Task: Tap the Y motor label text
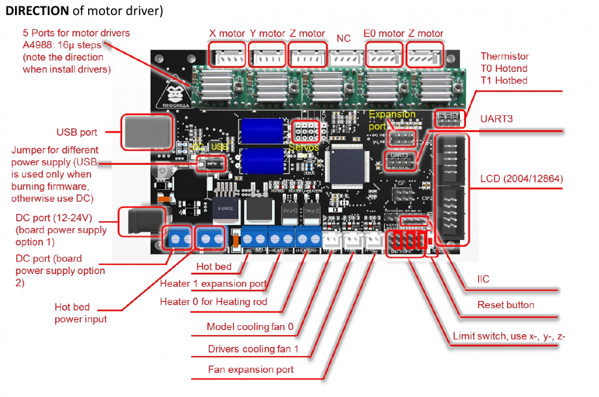click(267, 34)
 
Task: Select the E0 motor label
click(384, 34)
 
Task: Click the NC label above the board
click(344, 38)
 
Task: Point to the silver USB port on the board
click(147, 131)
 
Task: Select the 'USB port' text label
click(77, 132)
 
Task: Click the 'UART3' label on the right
click(497, 119)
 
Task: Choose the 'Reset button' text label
click(506, 305)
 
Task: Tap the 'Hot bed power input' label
click(81, 313)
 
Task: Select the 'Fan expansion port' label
click(251, 369)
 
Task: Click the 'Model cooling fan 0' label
click(250, 327)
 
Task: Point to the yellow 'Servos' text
click(304, 146)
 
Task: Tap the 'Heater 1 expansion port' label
click(213, 283)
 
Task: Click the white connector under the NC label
click(344, 58)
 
